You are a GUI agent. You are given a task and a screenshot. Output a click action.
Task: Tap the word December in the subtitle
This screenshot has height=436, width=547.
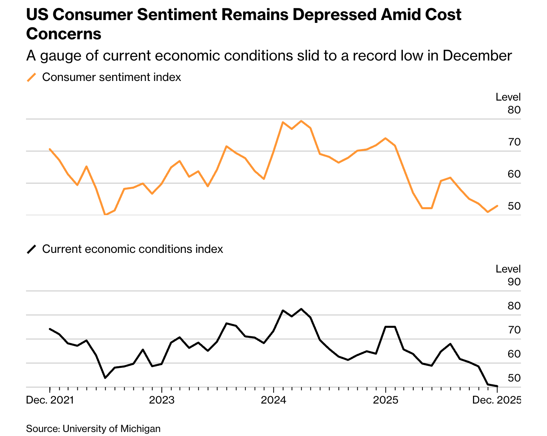pos(477,56)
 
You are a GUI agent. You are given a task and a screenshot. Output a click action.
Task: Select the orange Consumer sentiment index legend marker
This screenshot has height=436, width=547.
pos(31,77)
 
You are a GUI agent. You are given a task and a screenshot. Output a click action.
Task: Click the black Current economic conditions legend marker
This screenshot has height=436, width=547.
pos(31,249)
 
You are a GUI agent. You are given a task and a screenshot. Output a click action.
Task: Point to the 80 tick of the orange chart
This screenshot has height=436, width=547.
pos(514,110)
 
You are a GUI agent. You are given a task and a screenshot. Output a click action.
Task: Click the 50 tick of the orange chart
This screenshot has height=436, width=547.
pos(514,206)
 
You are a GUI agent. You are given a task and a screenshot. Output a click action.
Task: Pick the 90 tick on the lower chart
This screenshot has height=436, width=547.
pos(514,282)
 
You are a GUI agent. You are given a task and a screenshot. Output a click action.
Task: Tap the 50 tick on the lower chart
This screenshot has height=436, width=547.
pos(514,378)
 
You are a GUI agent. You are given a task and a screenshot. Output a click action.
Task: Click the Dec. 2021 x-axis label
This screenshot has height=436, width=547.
pos(50,400)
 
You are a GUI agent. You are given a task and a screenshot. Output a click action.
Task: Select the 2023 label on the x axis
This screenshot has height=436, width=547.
pos(161,400)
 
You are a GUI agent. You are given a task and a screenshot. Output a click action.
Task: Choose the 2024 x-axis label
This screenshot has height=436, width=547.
pos(273,400)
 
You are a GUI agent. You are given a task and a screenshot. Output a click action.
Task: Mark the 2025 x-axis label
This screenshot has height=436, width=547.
pos(385,400)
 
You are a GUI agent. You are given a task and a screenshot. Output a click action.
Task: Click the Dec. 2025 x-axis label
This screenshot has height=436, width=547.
pos(497,400)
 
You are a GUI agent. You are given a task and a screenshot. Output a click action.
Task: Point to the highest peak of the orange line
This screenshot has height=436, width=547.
pos(301,121)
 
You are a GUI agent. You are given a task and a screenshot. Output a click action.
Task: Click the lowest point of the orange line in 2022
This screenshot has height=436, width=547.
pos(105,215)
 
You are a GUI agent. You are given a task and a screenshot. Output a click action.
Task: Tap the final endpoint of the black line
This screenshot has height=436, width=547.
pos(497,386)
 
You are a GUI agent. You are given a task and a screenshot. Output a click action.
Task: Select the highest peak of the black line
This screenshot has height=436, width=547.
pos(301,309)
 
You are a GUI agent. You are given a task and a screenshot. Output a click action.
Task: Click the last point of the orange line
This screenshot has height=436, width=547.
pos(497,206)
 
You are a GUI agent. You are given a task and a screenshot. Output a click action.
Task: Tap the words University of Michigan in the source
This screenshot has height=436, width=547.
pos(111,429)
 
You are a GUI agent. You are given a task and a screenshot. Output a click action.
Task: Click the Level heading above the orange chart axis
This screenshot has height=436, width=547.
pos(508,97)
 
